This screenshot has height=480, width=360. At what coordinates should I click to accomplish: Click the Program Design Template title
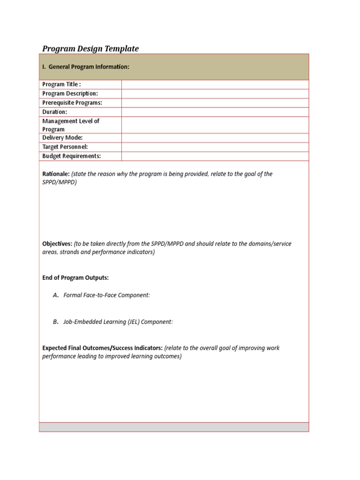pyautogui.click(x=90, y=49)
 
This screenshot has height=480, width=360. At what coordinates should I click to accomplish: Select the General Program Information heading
pyautogui.click(x=86, y=67)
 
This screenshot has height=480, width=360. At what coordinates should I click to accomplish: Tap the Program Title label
pyautogui.click(x=61, y=84)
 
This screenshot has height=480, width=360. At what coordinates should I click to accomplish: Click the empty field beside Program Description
pyautogui.click(x=215, y=94)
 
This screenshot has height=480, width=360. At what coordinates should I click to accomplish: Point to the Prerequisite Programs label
pyautogui.click(x=72, y=103)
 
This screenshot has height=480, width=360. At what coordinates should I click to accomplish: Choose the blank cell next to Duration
pyautogui.click(x=215, y=112)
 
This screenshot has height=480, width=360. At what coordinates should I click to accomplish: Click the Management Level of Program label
pyautogui.click(x=71, y=125)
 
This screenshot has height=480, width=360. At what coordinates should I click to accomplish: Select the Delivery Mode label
pyautogui.click(x=62, y=138)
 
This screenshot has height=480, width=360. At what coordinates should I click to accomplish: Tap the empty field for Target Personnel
pyautogui.click(x=215, y=147)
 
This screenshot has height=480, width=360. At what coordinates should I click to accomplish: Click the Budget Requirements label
pyautogui.click(x=72, y=156)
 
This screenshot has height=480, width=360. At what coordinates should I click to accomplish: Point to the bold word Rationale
pyautogui.click(x=56, y=174)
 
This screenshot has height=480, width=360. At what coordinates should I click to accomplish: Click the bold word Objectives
pyautogui.click(x=57, y=244)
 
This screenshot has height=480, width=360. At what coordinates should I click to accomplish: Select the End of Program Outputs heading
pyautogui.click(x=75, y=278)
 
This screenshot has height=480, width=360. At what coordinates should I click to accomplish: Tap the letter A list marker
pyautogui.click(x=56, y=295)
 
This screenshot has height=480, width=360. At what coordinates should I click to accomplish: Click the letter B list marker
pyautogui.click(x=56, y=322)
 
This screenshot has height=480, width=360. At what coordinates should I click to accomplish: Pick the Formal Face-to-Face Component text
pyautogui.click(x=106, y=295)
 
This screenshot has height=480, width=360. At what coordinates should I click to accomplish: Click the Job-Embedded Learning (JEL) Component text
pyautogui.click(x=118, y=322)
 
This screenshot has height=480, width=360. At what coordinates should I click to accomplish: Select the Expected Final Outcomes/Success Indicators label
pyautogui.click(x=102, y=348)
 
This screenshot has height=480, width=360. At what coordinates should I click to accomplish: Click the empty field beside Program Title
pyautogui.click(x=215, y=84)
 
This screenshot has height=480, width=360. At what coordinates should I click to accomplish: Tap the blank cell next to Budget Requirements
pyautogui.click(x=215, y=156)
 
